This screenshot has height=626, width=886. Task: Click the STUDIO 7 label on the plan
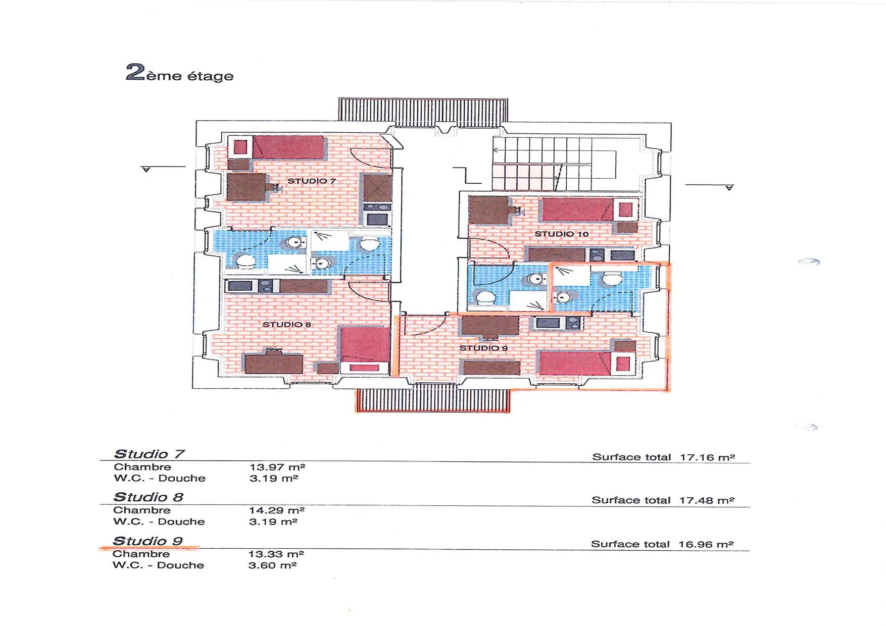[x=311, y=181]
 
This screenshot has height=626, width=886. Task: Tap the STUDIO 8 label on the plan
[x=286, y=324]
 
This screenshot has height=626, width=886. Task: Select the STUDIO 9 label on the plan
[x=483, y=348]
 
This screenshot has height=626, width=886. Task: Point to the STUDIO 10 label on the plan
[x=561, y=234]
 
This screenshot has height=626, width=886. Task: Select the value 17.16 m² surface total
[x=707, y=457]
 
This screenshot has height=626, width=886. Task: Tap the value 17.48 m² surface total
[x=706, y=500]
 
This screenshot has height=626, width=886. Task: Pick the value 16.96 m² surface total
[x=706, y=544]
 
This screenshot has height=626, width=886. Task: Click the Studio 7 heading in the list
[x=150, y=454]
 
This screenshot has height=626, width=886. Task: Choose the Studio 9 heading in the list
[x=147, y=541]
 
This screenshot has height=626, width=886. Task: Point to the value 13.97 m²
[x=277, y=467]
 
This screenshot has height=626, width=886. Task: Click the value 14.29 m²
[x=277, y=510]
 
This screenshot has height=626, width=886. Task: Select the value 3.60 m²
[x=272, y=565]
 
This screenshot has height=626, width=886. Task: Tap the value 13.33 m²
[x=276, y=554]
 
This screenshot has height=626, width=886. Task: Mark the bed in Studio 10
[x=589, y=210]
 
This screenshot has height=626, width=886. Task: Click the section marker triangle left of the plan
[x=146, y=170]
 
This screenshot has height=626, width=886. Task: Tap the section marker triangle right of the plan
[x=729, y=188]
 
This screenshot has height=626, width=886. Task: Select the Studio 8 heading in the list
[x=149, y=497]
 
